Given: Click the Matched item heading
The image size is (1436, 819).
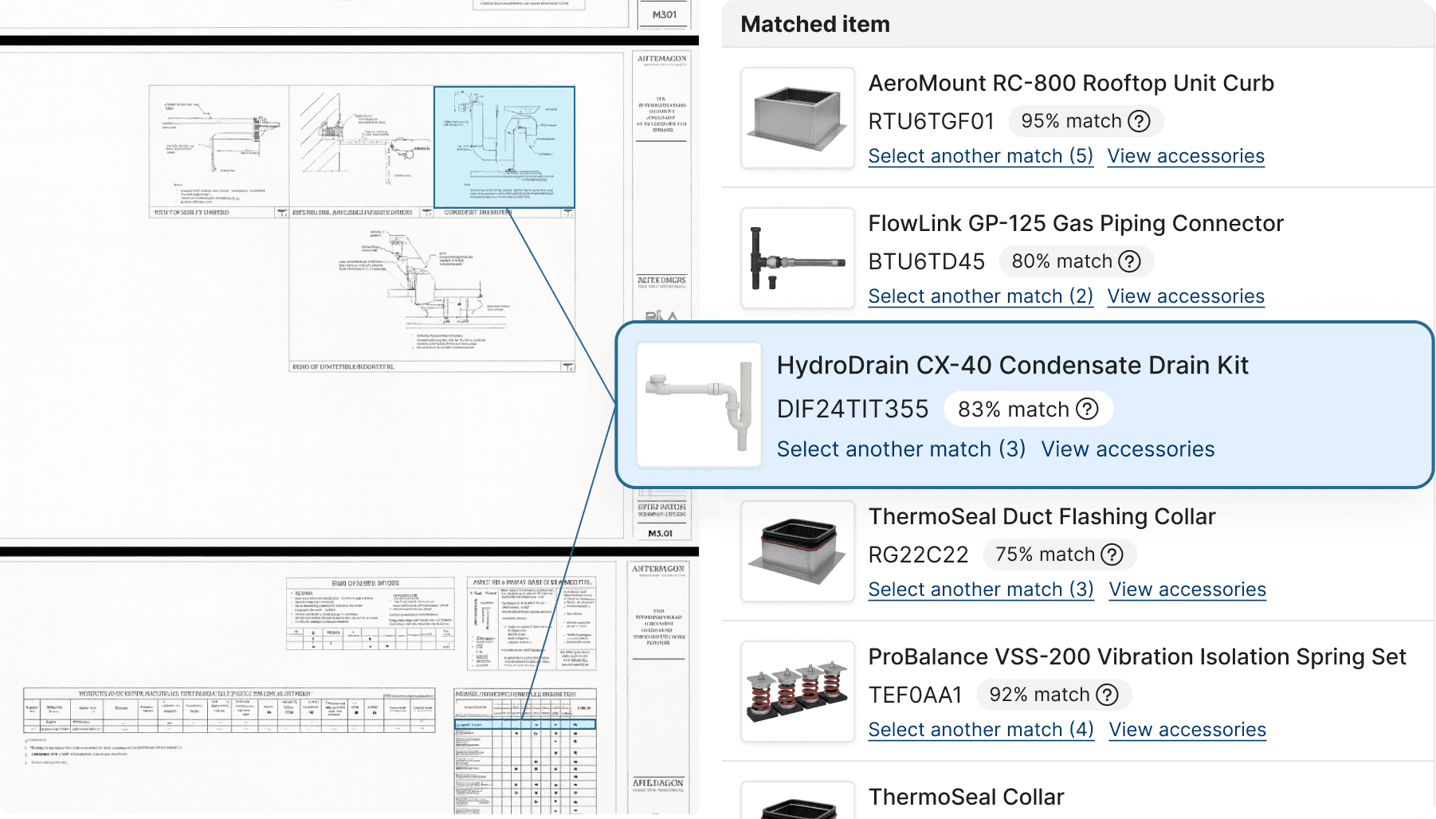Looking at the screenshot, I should point(814,25).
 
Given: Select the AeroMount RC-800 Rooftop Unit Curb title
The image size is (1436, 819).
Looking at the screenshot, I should point(1070,84).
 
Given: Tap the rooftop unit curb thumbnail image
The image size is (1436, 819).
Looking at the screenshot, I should point(797,118).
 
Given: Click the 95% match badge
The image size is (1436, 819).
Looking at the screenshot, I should point(1085,121).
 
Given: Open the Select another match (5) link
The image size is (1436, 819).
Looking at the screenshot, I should point(980,156).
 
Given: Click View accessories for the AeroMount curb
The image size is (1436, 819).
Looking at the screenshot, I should point(1185,156).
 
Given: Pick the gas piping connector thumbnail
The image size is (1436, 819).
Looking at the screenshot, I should point(797,258).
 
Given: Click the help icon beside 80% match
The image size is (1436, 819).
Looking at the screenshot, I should point(1129,261).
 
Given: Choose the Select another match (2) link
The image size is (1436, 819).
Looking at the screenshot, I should point(980,296).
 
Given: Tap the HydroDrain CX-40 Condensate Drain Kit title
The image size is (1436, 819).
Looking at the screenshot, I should point(1012,366).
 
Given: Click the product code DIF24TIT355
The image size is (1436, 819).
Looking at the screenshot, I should point(853,409).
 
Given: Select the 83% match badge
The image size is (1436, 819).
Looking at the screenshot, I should point(1027,409).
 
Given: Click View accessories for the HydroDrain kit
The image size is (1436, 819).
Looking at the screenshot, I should point(1128,449).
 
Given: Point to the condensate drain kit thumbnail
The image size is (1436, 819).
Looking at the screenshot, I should point(699,405).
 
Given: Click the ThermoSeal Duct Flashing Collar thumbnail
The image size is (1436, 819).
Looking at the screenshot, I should point(797,551).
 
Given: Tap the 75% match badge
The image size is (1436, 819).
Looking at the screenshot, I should point(1059,554).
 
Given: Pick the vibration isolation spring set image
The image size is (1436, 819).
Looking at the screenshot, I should point(797,692).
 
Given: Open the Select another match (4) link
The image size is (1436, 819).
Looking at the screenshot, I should point(980,730).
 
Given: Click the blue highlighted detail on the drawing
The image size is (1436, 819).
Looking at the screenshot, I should point(504,147).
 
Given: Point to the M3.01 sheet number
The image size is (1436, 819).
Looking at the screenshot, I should point(660,534).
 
